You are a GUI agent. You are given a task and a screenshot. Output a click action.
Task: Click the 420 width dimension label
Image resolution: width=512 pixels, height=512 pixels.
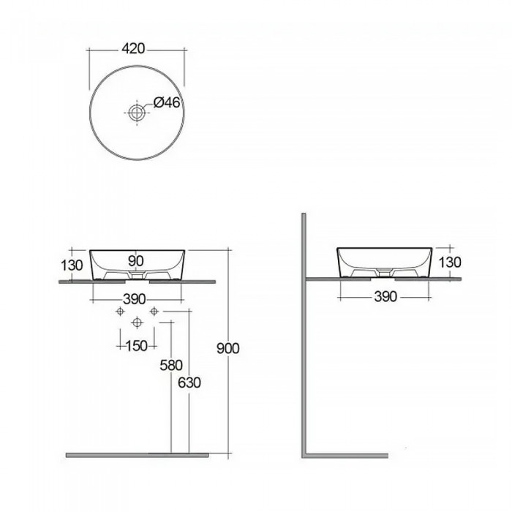133,49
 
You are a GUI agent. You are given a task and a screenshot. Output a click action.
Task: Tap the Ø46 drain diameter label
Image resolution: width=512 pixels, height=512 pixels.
167,102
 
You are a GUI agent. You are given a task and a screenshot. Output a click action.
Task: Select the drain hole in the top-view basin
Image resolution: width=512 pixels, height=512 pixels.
137,113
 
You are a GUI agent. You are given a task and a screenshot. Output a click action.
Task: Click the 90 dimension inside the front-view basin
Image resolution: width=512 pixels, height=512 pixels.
135,261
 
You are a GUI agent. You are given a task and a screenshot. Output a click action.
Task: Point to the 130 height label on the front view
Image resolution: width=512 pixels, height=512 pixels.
72,265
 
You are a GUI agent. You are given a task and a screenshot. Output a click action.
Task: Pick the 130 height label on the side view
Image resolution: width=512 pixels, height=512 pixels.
450,262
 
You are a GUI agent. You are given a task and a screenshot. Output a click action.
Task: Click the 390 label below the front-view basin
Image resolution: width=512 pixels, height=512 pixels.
134,299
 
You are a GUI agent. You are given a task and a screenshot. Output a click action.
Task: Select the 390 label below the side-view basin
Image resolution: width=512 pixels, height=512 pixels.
385,297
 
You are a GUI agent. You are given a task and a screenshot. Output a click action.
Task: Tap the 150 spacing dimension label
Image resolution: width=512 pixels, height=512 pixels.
137,346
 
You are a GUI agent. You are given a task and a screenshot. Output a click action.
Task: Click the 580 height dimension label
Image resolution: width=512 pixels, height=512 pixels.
170,366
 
